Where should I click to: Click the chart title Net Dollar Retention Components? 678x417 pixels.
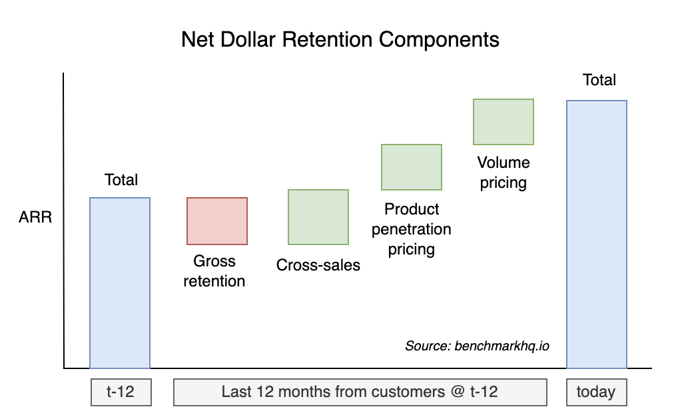pyautogui.click(x=340, y=40)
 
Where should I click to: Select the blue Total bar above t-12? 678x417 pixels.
pyautogui.click(x=120, y=282)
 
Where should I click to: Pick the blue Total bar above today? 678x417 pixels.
pyautogui.click(x=596, y=234)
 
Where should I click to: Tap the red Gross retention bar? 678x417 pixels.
pyautogui.click(x=217, y=221)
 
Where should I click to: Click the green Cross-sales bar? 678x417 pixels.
pyautogui.click(x=318, y=217)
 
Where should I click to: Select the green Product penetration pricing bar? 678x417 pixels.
pyautogui.click(x=412, y=167)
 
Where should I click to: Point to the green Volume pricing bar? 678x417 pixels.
pyautogui.click(x=504, y=122)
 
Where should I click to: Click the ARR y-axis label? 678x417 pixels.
pyautogui.click(x=35, y=218)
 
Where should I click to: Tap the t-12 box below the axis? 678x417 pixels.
pyautogui.click(x=121, y=392)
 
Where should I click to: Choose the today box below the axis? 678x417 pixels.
pyautogui.click(x=596, y=392)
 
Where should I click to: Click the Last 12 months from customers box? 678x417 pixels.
pyautogui.click(x=360, y=392)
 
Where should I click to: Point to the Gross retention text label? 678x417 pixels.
pyautogui.click(x=214, y=271)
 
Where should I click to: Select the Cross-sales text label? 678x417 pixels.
pyautogui.click(x=318, y=265)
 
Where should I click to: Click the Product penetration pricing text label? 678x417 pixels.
pyautogui.click(x=412, y=229)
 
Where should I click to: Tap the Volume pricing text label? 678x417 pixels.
pyautogui.click(x=504, y=173)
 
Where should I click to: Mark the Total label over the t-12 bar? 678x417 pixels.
pyautogui.click(x=121, y=180)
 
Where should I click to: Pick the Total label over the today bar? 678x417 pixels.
pyautogui.click(x=599, y=80)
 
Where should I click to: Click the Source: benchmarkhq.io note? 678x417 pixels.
pyautogui.click(x=477, y=346)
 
